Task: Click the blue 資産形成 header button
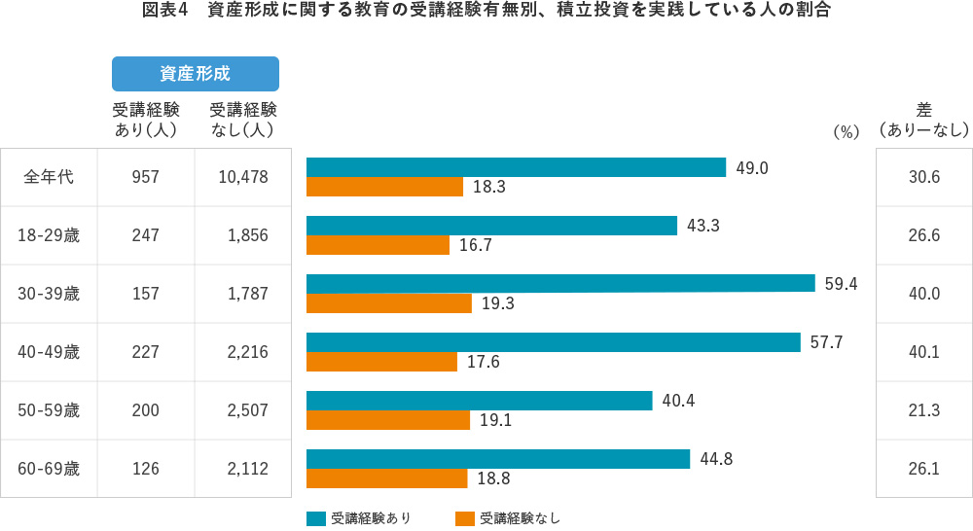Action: pyautogui.click(x=195, y=74)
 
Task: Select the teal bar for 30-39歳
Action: pyautogui.click(x=560, y=283)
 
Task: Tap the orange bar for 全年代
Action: pyautogui.click(x=384, y=187)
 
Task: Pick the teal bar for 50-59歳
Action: pyautogui.click(x=479, y=400)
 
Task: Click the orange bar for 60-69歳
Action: pyautogui.click(x=386, y=478)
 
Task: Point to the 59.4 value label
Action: pyautogui.click(x=842, y=283)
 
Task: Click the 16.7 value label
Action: pyautogui.click(x=475, y=245)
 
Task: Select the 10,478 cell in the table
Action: pyautogui.click(x=243, y=177)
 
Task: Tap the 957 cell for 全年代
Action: pyautogui.click(x=146, y=177)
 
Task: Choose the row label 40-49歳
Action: pyautogui.click(x=49, y=352)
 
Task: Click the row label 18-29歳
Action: pyautogui.click(x=49, y=235)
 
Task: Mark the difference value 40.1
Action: pyautogui.click(x=923, y=352)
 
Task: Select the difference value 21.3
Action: pyautogui.click(x=923, y=410)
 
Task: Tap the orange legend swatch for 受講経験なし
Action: pyautogui.click(x=464, y=518)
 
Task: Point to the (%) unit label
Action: pyautogui.click(x=846, y=132)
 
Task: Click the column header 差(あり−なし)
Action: pyautogui.click(x=923, y=120)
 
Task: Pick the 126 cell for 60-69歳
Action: pyautogui.click(x=146, y=469)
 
